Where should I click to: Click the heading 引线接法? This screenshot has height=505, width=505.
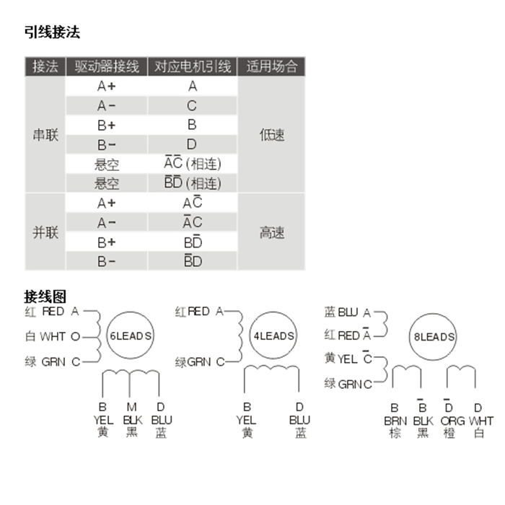tap(52, 32)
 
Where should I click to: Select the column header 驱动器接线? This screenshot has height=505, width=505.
tap(107, 66)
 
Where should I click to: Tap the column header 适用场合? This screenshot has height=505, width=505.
tap(272, 66)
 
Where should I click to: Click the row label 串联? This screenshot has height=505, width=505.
tap(45, 135)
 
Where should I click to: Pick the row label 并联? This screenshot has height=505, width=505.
tap(45, 232)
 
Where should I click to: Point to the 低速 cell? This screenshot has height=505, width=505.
tap(272, 135)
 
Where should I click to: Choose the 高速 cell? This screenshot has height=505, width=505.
tap(272, 232)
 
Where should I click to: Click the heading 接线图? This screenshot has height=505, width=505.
tap(45, 296)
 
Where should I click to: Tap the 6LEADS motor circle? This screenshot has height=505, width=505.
tap(130, 335)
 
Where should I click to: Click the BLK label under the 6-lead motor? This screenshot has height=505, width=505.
tap(132, 420)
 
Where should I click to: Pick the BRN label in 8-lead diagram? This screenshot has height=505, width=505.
tap(395, 421)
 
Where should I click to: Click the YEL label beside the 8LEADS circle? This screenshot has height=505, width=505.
tap(348, 359)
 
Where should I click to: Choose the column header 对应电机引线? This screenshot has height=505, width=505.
tap(193, 66)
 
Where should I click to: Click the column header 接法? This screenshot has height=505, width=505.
tap(45, 66)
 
